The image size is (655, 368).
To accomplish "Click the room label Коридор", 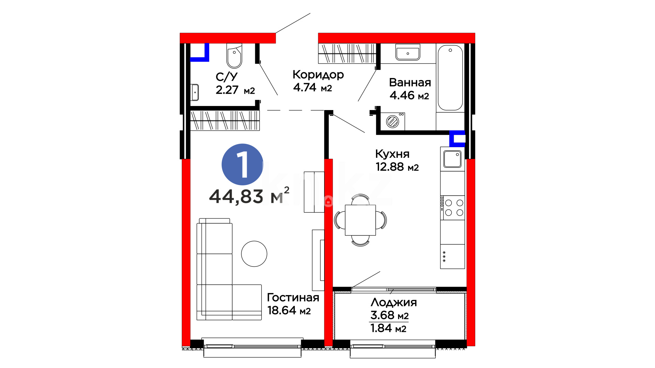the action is click(318, 75).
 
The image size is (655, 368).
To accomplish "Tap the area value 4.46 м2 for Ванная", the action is click(409, 95).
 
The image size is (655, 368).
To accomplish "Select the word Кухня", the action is click(392, 154).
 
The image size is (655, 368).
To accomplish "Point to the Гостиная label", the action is click(293, 297).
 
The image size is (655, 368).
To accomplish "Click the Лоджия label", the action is click(394, 302).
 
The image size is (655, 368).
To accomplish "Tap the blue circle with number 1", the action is click(242, 164).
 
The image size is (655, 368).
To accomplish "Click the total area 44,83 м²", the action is click(249, 195).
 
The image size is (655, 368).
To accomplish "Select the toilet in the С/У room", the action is click(234, 56).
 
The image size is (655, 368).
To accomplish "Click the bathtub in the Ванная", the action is click(450, 78).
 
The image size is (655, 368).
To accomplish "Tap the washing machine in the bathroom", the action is click(393, 121).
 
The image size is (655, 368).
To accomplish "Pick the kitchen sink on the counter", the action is click(452, 159).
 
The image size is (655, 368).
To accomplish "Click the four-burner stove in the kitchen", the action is click(452, 208).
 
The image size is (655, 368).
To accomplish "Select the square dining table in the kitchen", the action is click(360, 220).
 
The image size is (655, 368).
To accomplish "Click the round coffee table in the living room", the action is click(254, 254).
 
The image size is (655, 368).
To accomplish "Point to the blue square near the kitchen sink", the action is click(457, 139).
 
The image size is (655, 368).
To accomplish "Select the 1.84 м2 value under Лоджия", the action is click(388, 328).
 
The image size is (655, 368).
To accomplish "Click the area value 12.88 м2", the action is click(397, 167).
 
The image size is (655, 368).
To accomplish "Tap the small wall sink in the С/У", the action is click(194, 92).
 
